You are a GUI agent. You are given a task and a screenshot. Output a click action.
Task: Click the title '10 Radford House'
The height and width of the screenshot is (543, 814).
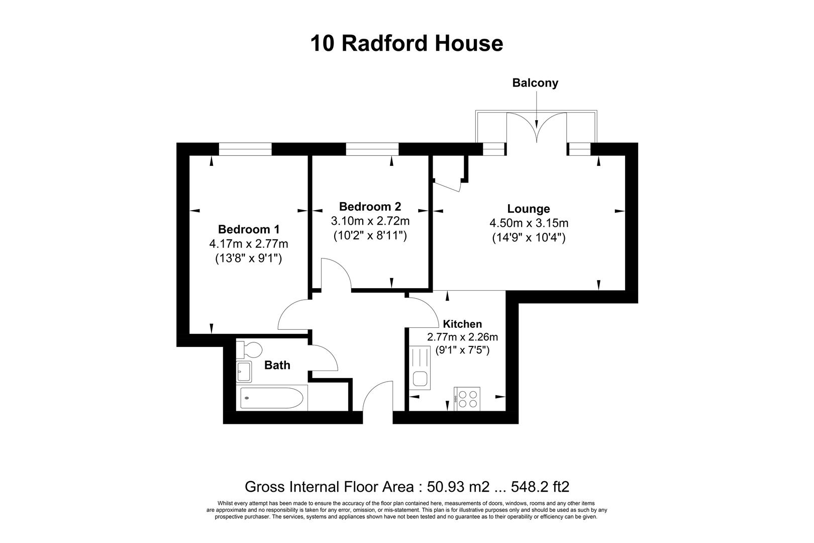[x=406, y=43]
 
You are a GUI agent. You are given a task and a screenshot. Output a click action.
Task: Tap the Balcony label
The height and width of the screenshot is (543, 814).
[x=535, y=83]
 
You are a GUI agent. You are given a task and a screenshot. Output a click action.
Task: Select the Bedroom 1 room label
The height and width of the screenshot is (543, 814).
[x=249, y=229]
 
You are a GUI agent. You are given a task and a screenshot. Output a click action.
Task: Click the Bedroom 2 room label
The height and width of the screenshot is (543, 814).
[x=370, y=207]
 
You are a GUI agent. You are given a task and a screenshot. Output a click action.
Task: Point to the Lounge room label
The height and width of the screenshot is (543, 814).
[x=529, y=209]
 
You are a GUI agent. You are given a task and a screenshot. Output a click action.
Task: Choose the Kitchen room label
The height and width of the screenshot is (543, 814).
[x=462, y=324]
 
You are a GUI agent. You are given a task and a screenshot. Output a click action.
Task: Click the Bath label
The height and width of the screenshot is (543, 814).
[x=277, y=365]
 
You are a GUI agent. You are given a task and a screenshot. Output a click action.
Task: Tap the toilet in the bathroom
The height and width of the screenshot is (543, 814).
[x=250, y=348]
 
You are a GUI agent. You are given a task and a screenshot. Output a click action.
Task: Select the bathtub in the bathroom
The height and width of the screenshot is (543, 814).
[x=271, y=399]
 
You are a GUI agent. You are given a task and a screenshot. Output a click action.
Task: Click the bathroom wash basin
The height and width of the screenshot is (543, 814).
[x=244, y=372]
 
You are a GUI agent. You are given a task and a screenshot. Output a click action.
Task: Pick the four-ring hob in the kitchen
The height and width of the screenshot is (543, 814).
[x=467, y=399]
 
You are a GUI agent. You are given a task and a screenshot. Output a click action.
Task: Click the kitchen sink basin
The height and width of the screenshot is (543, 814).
[x=420, y=379]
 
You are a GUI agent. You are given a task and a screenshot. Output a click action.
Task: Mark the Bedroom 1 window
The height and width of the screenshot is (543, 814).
[x=245, y=149]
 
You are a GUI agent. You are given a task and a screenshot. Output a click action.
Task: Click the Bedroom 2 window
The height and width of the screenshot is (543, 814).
[x=372, y=149]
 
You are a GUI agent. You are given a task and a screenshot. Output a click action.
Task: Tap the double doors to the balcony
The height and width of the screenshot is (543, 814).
[x=537, y=128]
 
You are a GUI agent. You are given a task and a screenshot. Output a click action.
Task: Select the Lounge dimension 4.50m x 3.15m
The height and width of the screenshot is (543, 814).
[x=529, y=223]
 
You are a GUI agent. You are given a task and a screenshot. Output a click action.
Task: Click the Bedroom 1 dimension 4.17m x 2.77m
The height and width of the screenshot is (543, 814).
[x=249, y=244]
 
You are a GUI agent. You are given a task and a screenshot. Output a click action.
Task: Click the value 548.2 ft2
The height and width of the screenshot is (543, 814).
[x=540, y=487]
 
